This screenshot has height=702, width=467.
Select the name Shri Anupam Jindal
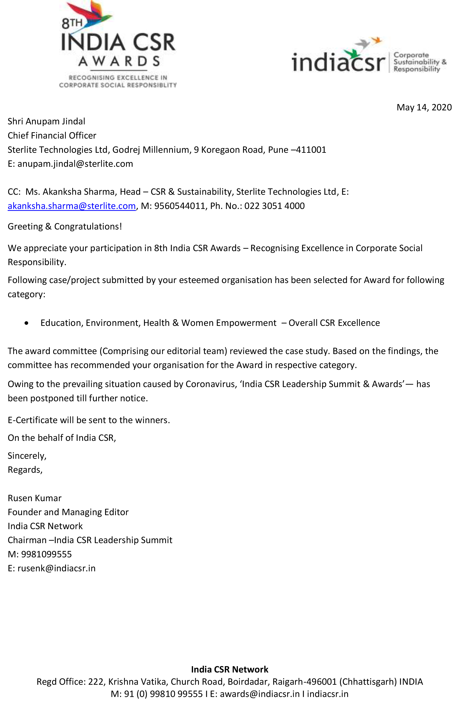[x=47, y=122]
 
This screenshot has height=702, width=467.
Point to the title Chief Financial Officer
[x=52, y=136]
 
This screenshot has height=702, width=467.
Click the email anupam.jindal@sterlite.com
[x=75, y=164]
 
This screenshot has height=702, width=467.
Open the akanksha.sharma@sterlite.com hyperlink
[x=71, y=206]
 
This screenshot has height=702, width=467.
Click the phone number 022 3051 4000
[x=274, y=206]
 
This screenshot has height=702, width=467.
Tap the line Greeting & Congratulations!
[x=65, y=227]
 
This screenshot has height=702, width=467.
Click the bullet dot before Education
[x=27, y=323]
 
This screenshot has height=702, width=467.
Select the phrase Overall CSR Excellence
[x=334, y=323]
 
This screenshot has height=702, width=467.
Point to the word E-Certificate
[x=32, y=420]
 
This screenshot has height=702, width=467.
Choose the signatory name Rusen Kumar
[x=35, y=498]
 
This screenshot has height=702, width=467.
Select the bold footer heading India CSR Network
[x=230, y=670]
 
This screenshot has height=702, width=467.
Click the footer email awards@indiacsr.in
[x=260, y=694]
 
